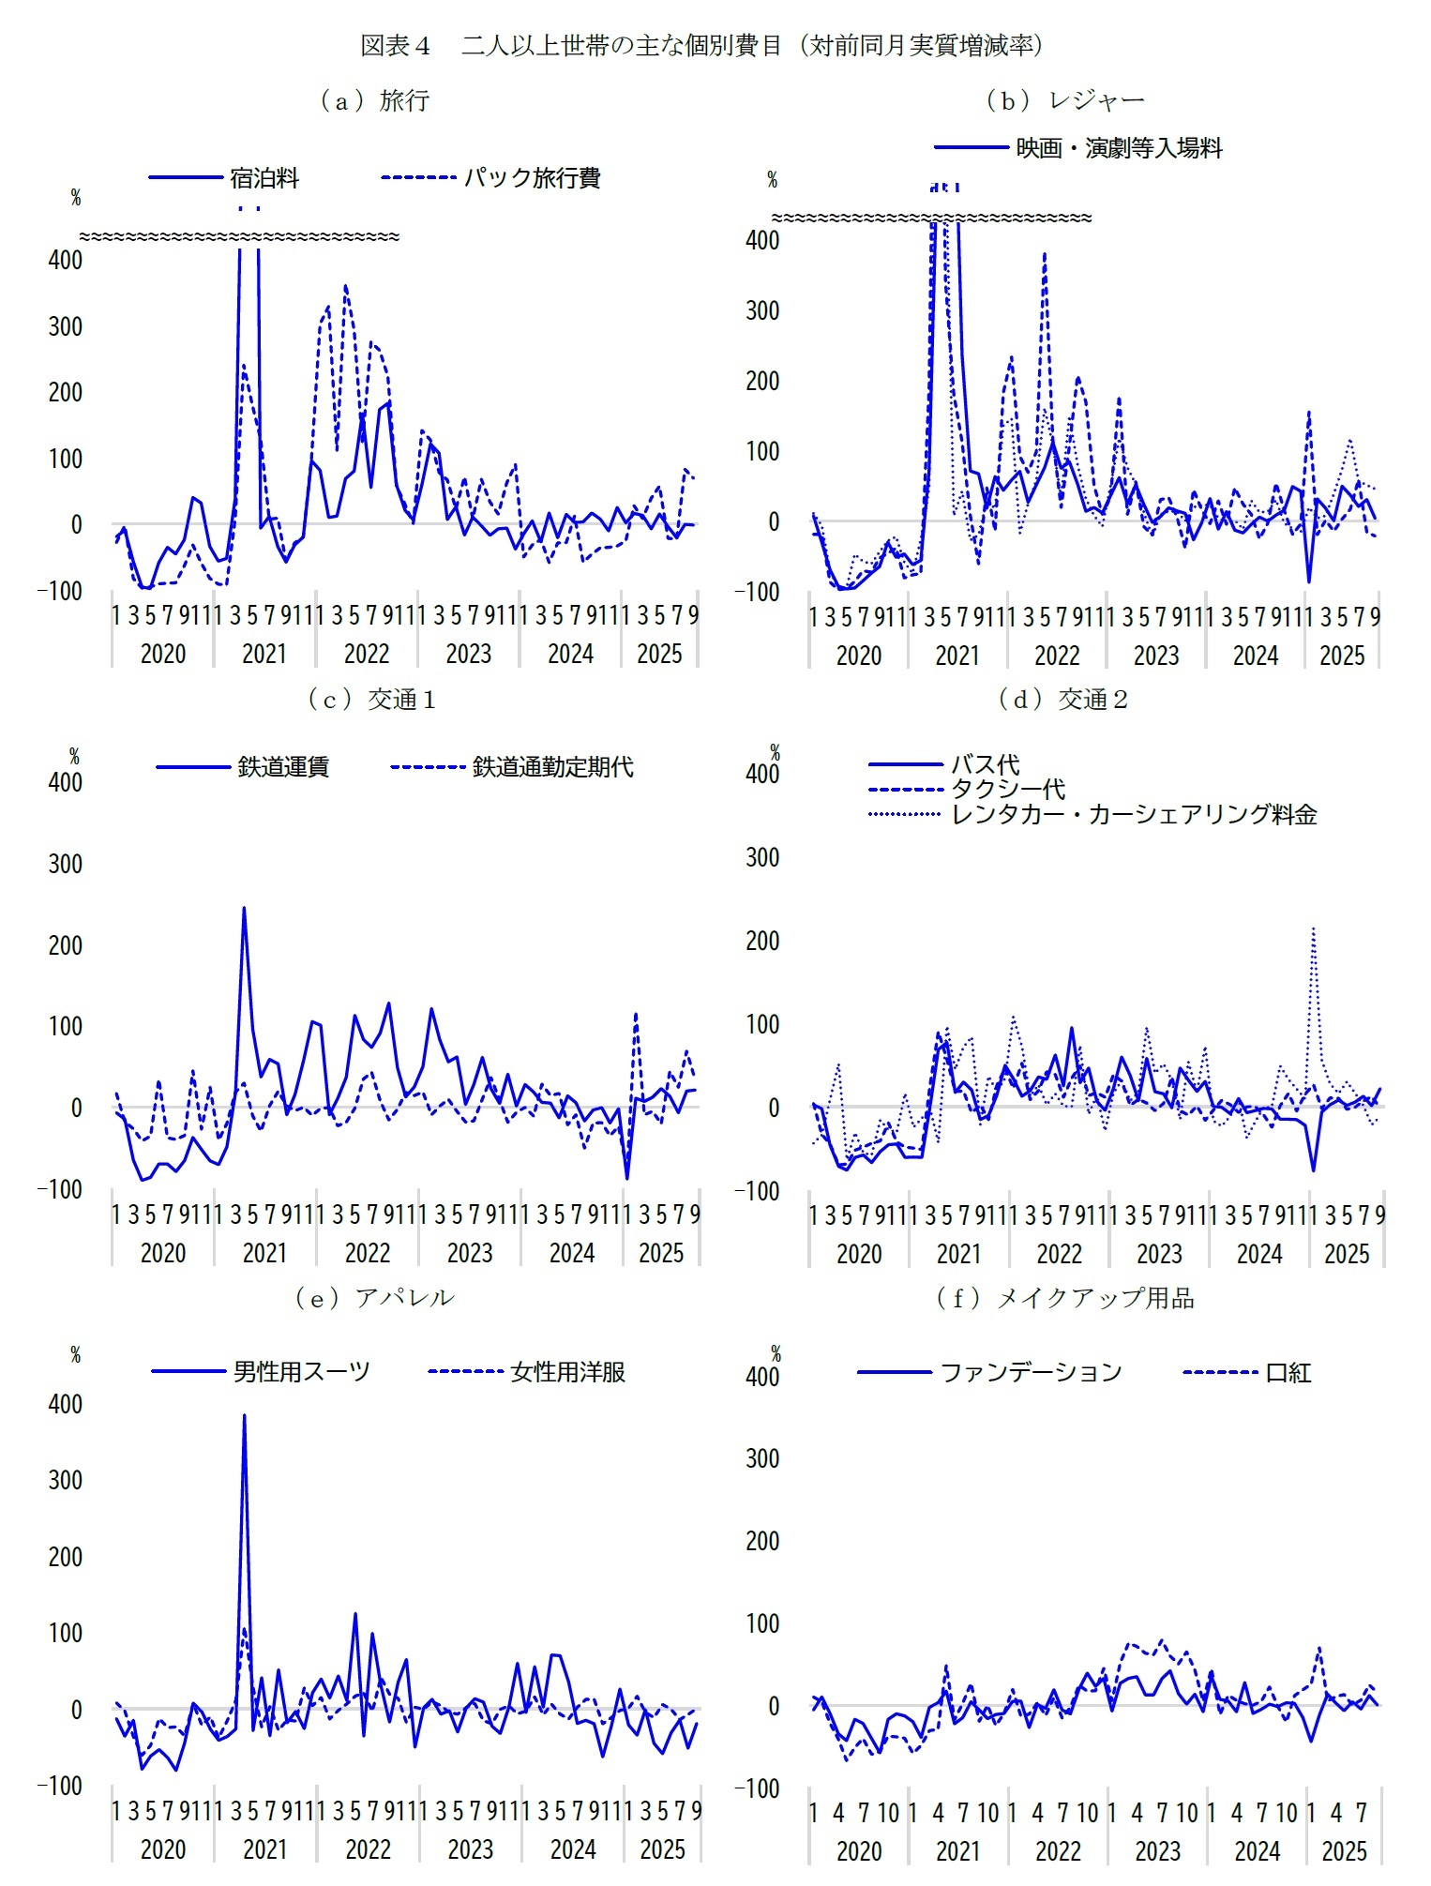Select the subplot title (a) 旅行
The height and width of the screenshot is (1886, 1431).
(x=374, y=100)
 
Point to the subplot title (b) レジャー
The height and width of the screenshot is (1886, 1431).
(x=1065, y=100)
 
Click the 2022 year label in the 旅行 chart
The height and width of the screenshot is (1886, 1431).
(x=367, y=654)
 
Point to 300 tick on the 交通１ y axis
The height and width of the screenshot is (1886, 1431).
(x=66, y=864)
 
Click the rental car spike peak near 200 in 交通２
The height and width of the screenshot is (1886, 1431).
(x=1313, y=929)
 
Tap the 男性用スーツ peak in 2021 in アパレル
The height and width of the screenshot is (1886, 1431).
(x=244, y=1416)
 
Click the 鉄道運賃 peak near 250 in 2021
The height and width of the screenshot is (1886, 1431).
(x=244, y=908)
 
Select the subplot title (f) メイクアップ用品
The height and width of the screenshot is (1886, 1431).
(x=1065, y=1298)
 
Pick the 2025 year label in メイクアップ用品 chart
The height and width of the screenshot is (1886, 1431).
(x=1344, y=1850)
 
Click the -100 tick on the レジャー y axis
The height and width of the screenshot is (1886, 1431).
(x=757, y=592)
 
